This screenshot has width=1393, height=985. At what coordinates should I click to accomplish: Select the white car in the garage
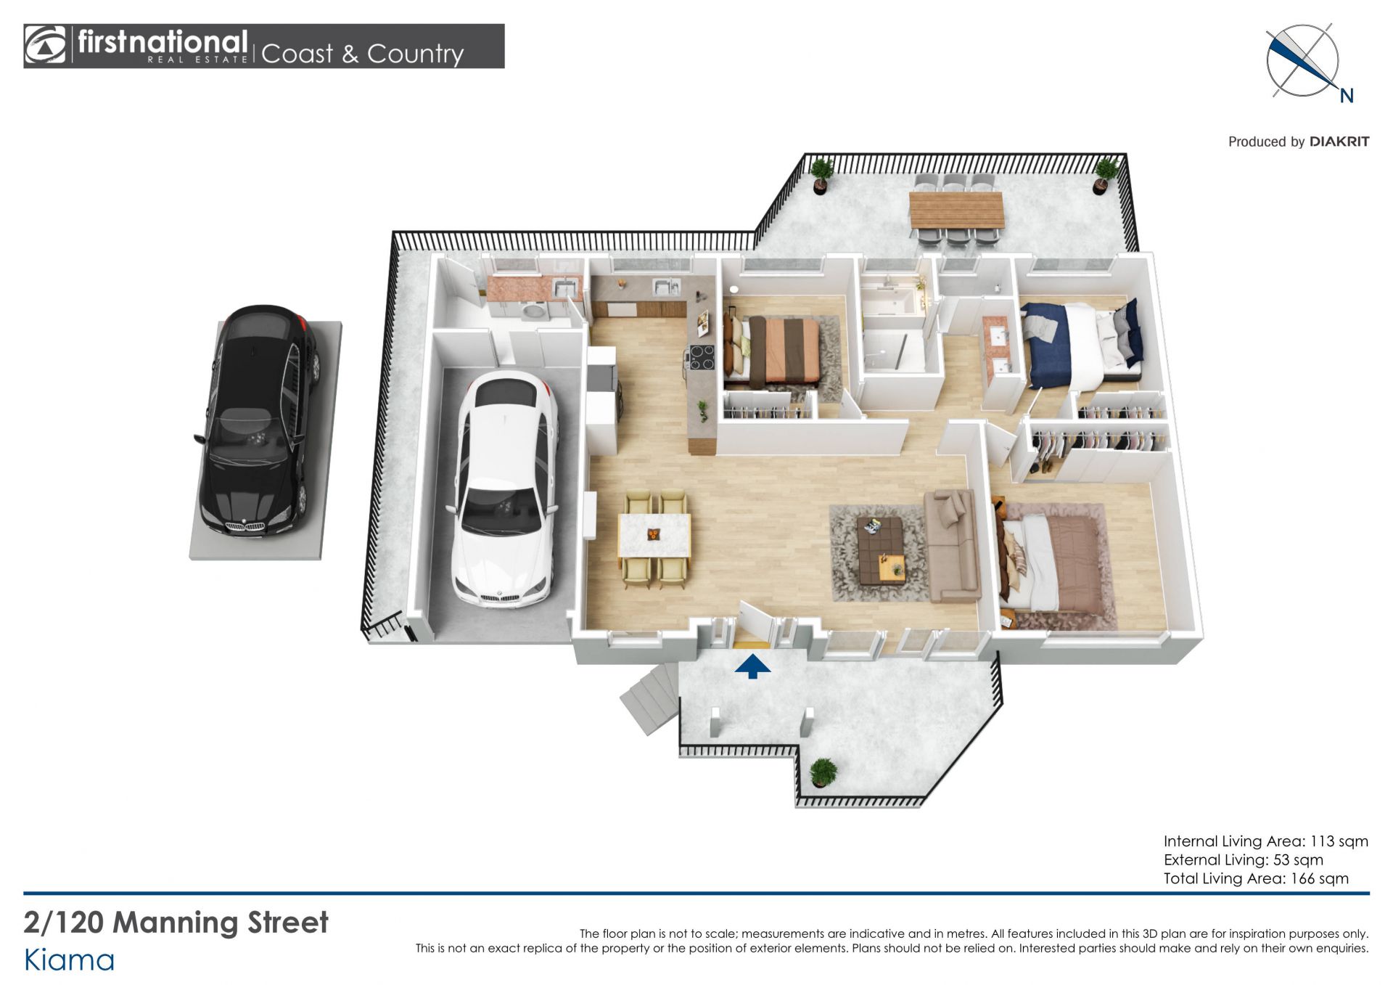pos(505,489)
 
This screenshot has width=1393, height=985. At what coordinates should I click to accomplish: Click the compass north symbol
pos(1304,62)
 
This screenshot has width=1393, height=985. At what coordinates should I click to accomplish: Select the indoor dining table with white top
pos(654,536)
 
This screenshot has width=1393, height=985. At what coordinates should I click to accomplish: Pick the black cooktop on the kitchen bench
pos(701,357)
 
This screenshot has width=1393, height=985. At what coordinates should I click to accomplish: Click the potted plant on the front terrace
pos(823,772)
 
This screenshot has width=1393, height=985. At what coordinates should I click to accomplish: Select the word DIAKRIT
pos(1339,142)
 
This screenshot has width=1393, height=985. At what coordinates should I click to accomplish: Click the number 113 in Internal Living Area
pos(1322,841)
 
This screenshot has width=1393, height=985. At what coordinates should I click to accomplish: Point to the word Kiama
pos(70,960)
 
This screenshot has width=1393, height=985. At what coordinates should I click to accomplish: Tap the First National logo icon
pos(45,46)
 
